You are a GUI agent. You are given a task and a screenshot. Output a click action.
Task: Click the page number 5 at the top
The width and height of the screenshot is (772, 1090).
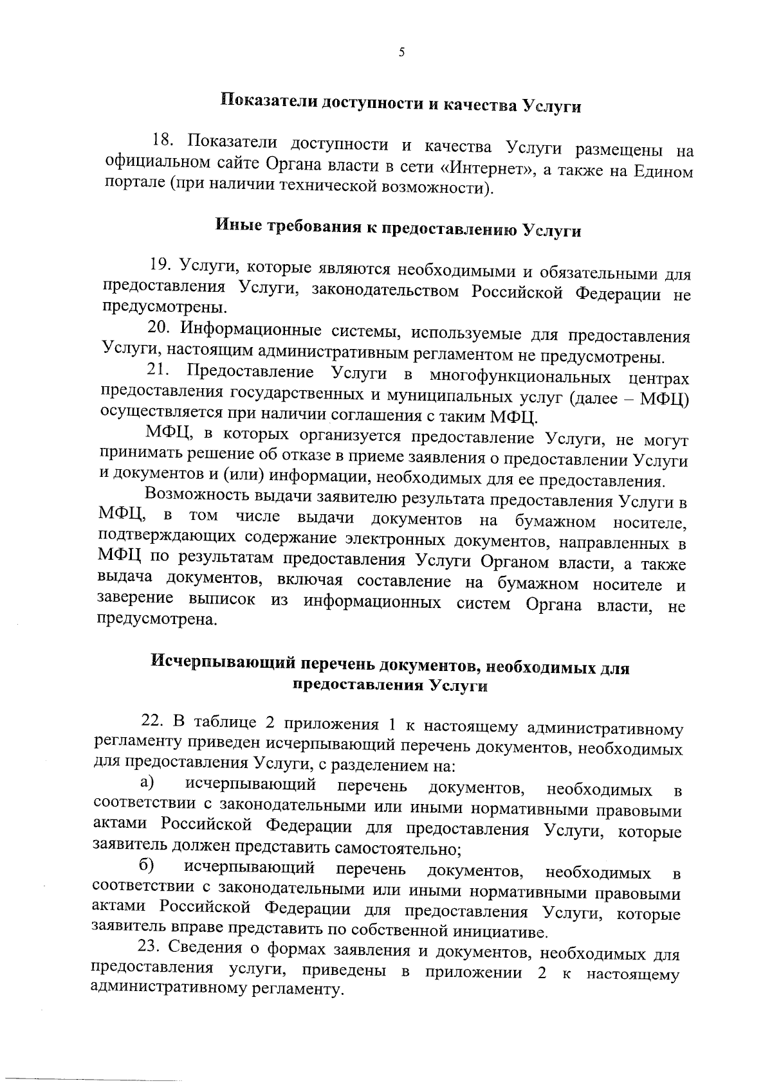click(x=401, y=53)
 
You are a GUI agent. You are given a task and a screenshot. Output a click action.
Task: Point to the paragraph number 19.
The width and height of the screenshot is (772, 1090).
click(x=160, y=265)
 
